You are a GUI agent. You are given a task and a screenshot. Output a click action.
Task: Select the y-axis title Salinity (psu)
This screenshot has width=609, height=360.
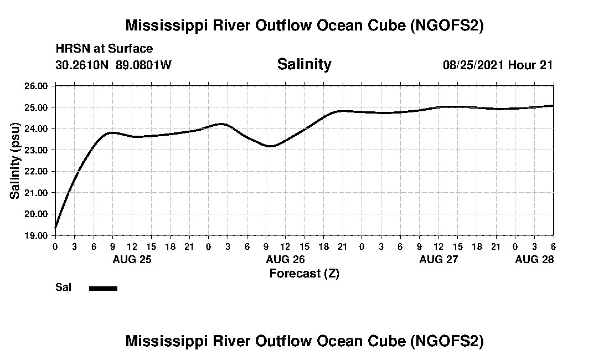(15, 161)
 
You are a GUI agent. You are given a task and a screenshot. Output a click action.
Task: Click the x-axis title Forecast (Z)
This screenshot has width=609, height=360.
(304, 273)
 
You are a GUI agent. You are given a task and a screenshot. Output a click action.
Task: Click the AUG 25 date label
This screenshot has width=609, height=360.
(132, 259)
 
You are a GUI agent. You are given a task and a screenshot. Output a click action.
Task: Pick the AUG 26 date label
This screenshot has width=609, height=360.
(285, 259)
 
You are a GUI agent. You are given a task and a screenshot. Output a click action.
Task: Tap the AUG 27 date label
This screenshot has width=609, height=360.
(438, 259)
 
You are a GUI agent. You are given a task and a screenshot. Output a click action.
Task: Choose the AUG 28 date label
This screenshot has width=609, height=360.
(534, 259)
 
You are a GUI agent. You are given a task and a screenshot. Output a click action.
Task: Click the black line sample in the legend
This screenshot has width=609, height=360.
(103, 288)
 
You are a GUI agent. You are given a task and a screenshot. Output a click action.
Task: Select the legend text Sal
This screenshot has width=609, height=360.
(63, 287)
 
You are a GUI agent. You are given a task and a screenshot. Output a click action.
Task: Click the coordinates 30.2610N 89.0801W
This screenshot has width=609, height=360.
(113, 65)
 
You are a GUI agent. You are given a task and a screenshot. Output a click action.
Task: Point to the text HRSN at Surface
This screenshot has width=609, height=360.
(104, 49)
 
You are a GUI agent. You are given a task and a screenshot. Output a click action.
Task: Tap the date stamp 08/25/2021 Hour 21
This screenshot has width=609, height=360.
(498, 65)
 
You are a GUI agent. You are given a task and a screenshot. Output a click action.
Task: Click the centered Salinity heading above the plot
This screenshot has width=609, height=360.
(304, 64)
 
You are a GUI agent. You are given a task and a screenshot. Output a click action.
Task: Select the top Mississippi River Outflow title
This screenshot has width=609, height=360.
(304, 25)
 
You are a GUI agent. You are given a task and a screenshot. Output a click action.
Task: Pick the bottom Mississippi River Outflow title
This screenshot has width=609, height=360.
(304, 341)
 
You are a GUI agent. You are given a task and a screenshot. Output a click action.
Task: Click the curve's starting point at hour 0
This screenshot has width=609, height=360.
(55, 227)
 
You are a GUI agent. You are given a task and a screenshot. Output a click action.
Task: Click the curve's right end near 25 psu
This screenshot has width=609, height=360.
(553, 105)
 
